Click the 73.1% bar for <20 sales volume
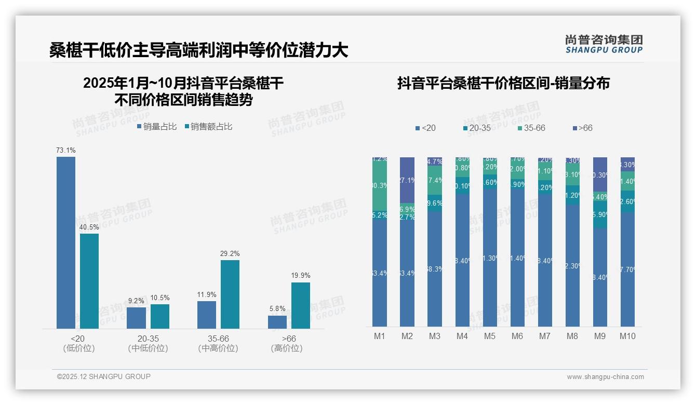66,242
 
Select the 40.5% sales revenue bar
89,281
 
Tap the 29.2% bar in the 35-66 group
230,294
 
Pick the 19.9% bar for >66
301,305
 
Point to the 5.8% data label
277,308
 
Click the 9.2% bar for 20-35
136,318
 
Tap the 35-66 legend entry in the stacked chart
531,128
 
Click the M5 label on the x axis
490,336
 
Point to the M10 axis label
627,336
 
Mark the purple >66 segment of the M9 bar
600,174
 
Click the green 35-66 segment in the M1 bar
380,186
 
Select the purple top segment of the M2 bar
407,180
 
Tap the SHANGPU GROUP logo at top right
604,44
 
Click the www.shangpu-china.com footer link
605,377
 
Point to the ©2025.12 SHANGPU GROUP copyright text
103,376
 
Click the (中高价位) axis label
218,348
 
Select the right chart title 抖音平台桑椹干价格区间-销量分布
503,83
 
